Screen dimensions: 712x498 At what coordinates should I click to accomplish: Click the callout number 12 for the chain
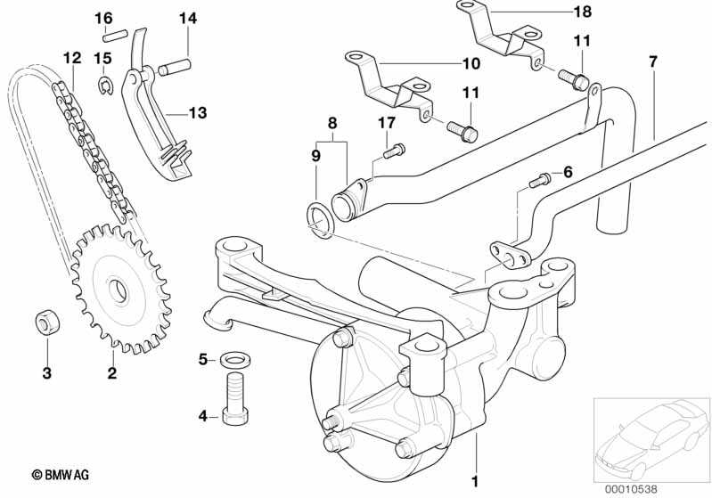click(72, 58)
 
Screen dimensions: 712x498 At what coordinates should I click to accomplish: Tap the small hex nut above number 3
click(48, 322)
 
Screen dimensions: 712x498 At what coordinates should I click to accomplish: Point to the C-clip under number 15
click(106, 86)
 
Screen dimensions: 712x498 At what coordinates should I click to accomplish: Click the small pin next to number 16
click(113, 36)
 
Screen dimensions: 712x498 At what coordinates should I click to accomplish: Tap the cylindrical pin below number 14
click(175, 67)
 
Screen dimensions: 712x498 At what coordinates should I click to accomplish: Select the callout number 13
click(198, 112)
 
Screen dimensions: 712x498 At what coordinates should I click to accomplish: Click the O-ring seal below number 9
click(321, 221)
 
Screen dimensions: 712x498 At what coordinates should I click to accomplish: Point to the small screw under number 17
click(394, 151)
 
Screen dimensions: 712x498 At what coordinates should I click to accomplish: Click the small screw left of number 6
click(540, 180)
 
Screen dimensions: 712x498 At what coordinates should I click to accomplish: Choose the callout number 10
click(471, 63)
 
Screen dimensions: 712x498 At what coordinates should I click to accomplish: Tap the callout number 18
click(583, 12)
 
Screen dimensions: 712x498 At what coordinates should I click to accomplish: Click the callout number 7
click(653, 61)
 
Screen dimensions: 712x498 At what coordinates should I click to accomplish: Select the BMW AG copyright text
click(61, 475)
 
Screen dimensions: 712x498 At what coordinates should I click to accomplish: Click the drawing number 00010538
click(631, 489)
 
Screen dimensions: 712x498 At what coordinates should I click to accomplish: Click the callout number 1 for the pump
click(475, 481)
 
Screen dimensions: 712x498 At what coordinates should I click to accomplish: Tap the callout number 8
click(332, 123)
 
